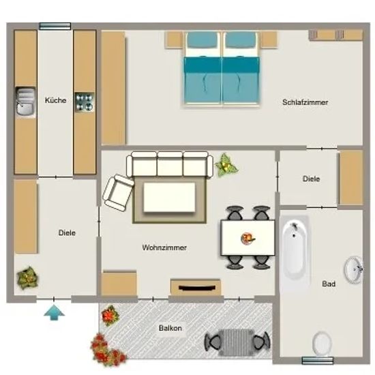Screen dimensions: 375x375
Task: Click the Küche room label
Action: click(x=55, y=100)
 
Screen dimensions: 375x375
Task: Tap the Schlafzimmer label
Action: click(x=305, y=102)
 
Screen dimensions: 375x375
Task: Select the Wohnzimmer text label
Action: click(x=164, y=247)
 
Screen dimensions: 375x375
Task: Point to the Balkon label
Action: click(x=170, y=328)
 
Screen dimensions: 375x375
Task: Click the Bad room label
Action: click(x=329, y=284)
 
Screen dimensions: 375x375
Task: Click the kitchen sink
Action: click(x=26, y=102)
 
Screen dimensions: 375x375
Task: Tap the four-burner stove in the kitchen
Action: click(x=85, y=102)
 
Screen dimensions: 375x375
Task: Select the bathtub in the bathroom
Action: click(x=295, y=250)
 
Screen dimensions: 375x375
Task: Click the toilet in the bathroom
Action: click(x=322, y=344)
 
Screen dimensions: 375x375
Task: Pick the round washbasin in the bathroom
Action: click(x=354, y=270)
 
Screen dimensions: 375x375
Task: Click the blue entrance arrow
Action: click(x=55, y=312)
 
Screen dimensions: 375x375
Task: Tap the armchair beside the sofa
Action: click(x=118, y=193)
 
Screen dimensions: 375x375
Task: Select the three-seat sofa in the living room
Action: click(x=170, y=164)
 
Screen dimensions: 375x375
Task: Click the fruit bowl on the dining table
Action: click(x=247, y=239)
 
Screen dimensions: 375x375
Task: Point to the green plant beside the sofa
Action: click(x=226, y=165)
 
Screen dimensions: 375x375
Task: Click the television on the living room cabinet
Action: click(x=196, y=288)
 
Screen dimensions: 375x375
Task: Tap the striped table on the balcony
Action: click(x=237, y=342)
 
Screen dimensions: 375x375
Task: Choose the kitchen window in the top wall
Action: click(x=55, y=26)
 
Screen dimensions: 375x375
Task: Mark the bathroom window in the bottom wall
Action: click(x=318, y=361)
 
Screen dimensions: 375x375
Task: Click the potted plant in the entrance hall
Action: click(x=27, y=278)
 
